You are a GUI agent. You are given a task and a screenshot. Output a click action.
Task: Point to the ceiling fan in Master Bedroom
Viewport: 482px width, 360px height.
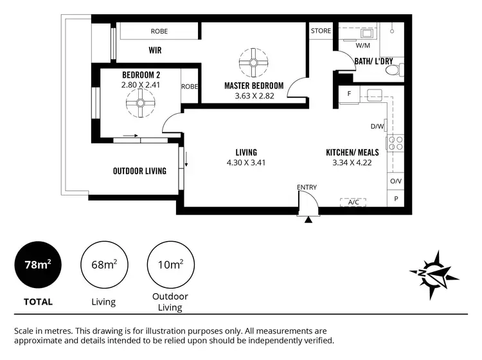253,62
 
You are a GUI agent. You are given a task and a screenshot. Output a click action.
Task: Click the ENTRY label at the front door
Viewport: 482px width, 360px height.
307,187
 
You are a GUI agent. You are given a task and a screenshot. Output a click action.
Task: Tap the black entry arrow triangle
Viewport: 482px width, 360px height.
308,220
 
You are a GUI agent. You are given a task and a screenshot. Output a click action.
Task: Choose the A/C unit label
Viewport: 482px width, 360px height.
353,202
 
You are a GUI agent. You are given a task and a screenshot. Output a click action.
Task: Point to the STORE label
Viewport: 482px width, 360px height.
321,30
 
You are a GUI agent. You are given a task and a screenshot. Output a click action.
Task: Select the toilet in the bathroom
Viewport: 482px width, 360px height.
398,68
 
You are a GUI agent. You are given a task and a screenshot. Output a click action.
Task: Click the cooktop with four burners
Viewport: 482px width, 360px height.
395,143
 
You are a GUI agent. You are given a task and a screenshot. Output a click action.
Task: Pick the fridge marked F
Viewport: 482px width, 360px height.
349,94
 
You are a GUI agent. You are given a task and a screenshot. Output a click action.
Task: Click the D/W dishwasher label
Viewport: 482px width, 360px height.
377,127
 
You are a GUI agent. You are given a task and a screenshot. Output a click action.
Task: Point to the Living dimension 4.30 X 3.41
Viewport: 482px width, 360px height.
246,163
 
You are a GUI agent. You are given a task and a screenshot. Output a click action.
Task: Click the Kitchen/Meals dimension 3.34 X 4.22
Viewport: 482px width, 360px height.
352,163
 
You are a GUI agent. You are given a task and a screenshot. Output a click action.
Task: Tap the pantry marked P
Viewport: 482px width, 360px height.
396,199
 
